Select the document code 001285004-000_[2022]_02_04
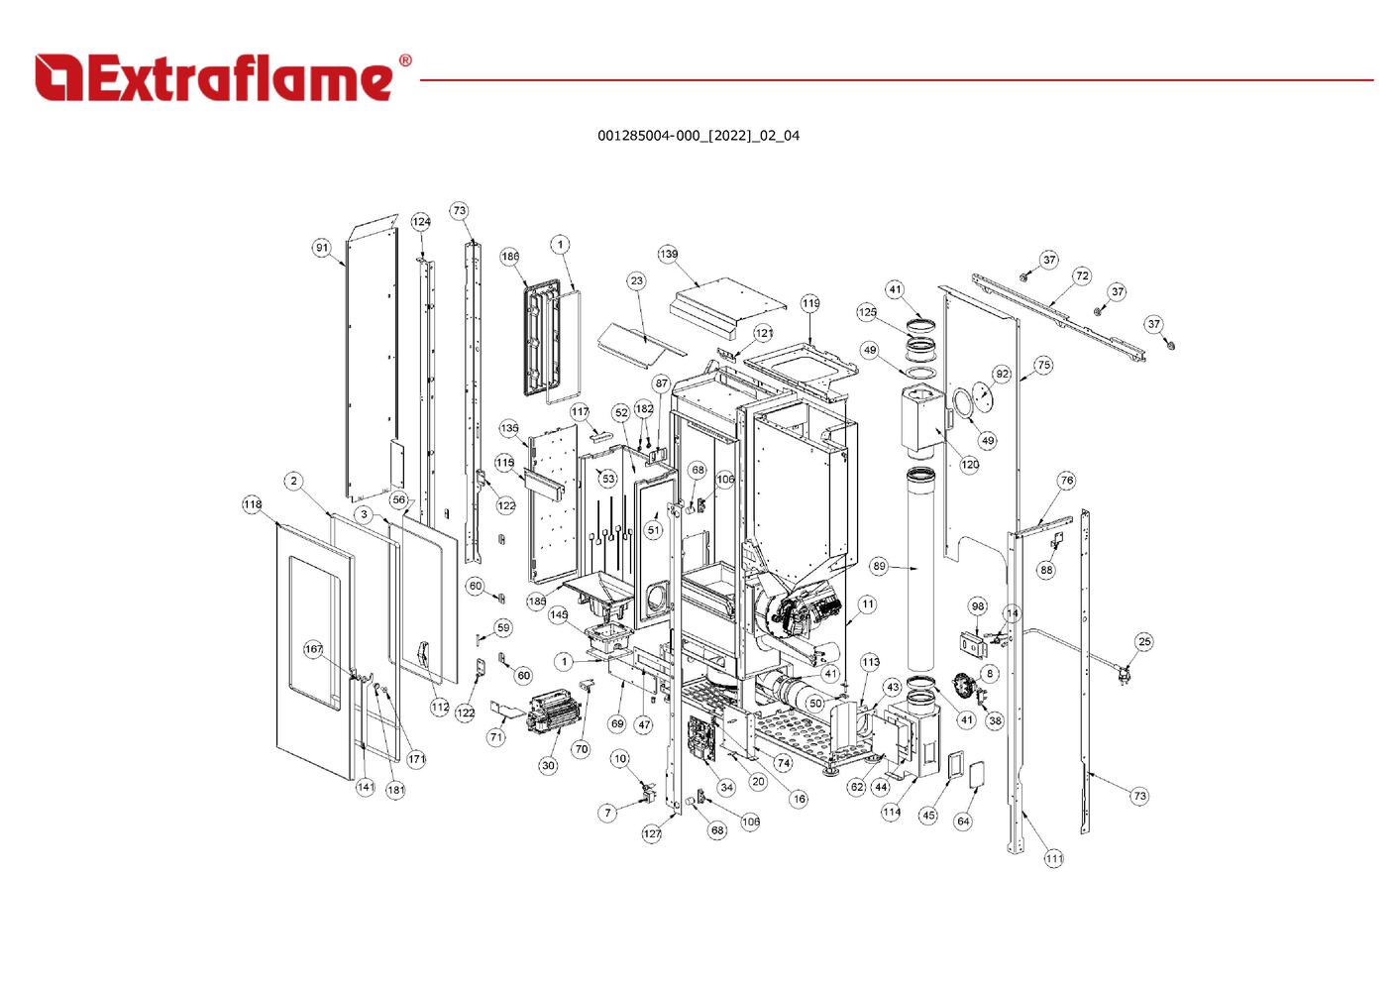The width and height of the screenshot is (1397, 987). point(698,136)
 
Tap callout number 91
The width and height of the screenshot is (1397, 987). point(322,248)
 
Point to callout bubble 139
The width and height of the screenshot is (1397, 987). point(669,255)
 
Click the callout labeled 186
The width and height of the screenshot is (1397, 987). point(509,257)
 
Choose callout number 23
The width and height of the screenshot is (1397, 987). point(636,280)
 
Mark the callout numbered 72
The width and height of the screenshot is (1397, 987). point(1082,275)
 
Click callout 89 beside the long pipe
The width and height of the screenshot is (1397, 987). point(879,566)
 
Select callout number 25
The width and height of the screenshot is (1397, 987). point(1144,641)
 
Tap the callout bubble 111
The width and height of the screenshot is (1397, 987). point(1053,858)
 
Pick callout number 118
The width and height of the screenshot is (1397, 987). point(253,504)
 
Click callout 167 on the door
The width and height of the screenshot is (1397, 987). point(313,649)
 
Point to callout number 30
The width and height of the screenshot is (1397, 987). point(548,765)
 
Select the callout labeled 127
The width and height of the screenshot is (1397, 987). point(652,833)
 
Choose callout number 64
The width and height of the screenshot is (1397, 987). point(963,821)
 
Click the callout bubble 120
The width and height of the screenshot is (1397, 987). point(970,464)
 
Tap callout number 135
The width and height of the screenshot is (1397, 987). point(508,428)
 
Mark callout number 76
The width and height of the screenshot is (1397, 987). point(1066,480)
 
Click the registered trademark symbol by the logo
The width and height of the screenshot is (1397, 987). point(404,61)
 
